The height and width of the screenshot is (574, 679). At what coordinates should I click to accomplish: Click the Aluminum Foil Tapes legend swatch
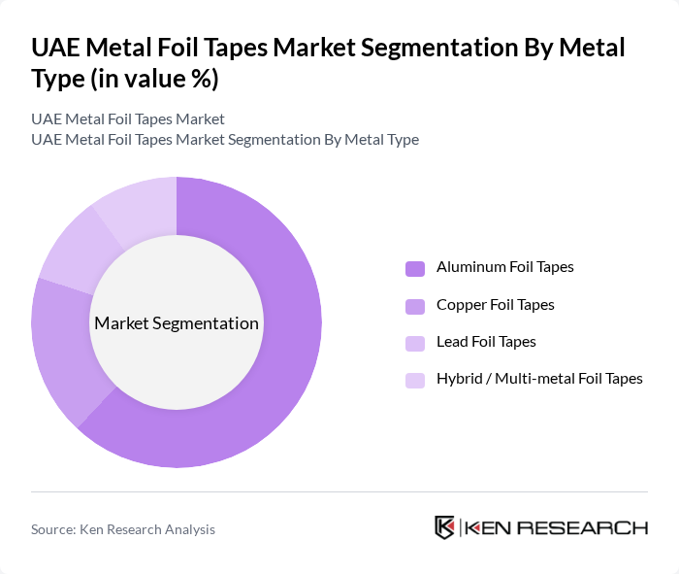tap(415, 268)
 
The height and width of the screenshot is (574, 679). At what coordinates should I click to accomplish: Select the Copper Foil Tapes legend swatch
tap(415, 306)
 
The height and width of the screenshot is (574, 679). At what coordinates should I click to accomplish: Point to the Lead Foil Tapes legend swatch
tap(415, 343)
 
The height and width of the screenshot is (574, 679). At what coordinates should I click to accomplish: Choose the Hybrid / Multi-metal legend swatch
tap(415, 380)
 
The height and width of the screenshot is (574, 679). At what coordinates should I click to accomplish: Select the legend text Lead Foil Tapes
tap(486, 342)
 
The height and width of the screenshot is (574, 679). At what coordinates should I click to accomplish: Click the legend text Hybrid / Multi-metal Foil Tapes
tap(539, 379)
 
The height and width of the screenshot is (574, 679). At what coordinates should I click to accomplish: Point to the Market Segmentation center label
tap(177, 323)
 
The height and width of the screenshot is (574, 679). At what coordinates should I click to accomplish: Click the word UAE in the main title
tap(55, 48)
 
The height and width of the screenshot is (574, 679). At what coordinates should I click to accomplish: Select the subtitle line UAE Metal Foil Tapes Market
tap(128, 118)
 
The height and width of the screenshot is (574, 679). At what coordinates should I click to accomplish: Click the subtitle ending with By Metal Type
tap(225, 139)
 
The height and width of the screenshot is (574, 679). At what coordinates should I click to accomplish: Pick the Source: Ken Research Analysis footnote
tap(123, 529)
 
